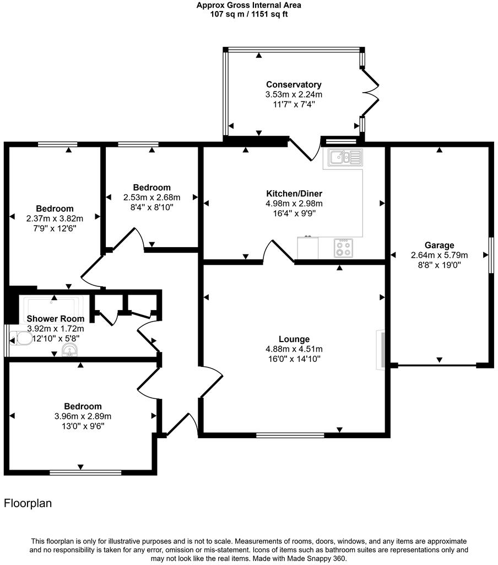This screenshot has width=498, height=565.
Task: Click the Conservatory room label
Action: (x=294, y=84)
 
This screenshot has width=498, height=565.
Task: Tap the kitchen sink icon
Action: (x=345, y=158)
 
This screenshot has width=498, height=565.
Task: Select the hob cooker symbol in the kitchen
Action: (x=344, y=248)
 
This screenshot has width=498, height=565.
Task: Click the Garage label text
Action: (x=439, y=245)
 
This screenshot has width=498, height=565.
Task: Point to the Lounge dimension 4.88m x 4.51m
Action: (x=294, y=349)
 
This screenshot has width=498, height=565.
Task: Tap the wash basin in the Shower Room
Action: (x=69, y=350)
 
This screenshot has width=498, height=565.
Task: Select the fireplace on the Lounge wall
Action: (x=381, y=349)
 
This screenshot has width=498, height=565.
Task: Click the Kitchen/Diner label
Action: (x=294, y=194)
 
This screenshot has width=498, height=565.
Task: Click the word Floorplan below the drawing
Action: (x=28, y=503)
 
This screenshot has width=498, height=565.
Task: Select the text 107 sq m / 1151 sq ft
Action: (x=249, y=14)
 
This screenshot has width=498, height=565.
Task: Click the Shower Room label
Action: (x=56, y=318)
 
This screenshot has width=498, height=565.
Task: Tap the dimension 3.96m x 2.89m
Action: (x=83, y=416)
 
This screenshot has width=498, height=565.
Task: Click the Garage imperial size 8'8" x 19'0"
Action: (x=439, y=265)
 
